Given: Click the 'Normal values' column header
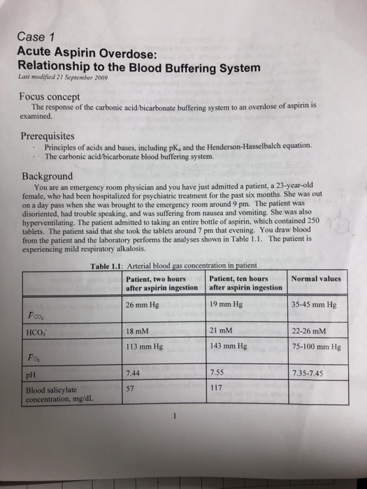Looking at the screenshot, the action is (x=316, y=278).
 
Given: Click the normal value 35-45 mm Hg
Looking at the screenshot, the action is (x=315, y=305).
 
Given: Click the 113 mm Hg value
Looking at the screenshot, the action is (x=145, y=346).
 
